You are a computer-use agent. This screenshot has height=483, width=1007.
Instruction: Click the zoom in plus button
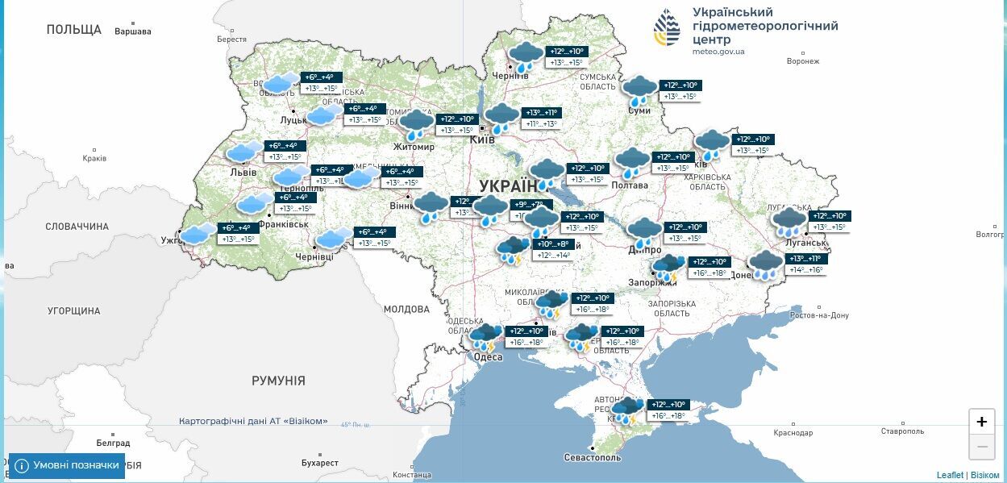click(x=981, y=422)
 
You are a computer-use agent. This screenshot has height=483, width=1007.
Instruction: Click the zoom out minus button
click(x=981, y=446)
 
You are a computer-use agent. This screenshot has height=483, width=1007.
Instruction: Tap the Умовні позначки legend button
click(x=67, y=465)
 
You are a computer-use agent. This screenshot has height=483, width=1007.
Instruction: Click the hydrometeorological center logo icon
click(x=667, y=28)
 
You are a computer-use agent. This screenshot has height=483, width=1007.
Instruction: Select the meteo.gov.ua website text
click(x=718, y=52)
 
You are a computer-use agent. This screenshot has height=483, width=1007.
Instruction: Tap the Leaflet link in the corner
click(x=949, y=475)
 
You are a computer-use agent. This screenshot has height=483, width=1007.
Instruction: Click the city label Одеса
click(x=487, y=357)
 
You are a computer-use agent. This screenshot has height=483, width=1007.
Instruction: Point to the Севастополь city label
click(x=593, y=457)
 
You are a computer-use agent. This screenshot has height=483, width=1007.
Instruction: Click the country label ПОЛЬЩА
click(x=74, y=30)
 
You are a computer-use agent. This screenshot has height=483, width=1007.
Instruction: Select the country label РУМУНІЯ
click(x=278, y=381)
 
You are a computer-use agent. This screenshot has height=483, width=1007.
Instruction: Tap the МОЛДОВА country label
click(x=406, y=310)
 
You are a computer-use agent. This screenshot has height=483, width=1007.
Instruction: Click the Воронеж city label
click(x=802, y=61)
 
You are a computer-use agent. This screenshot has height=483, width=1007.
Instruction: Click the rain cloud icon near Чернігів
click(x=526, y=56)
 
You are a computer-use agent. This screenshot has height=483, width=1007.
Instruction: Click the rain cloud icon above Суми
click(x=640, y=90)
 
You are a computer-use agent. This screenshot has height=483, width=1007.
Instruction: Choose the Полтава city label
click(x=630, y=185)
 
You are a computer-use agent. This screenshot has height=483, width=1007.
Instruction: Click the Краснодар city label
click(x=793, y=433)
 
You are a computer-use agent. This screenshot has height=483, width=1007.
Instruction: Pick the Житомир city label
click(x=414, y=147)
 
